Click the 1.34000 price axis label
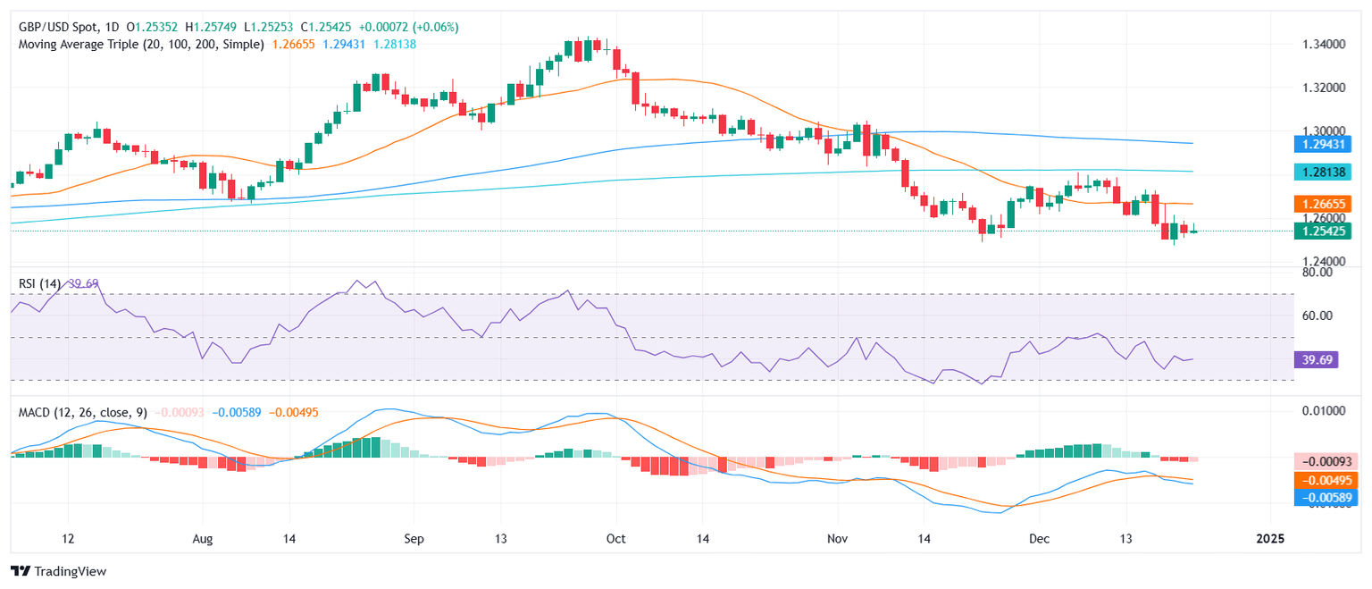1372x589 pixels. pyautogui.click(x=1324, y=44)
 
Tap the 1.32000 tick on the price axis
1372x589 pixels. pyautogui.click(x=1324, y=88)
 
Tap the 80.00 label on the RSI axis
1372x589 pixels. pyautogui.click(x=1318, y=273)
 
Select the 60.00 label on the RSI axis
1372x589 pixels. pyautogui.click(x=1318, y=316)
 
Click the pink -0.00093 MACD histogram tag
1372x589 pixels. pyautogui.click(x=1326, y=461)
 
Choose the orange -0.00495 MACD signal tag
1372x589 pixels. pyautogui.click(x=1326, y=480)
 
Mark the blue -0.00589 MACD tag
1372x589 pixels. pyautogui.click(x=1326, y=497)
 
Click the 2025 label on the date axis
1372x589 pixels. pyautogui.click(x=1269, y=540)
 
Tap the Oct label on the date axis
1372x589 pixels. pyautogui.click(x=615, y=540)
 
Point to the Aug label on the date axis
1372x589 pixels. pyautogui.click(x=203, y=540)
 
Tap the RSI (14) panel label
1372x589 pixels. pyautogui.click(x=40, y=284)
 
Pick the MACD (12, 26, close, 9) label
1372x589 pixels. pyautogui.click(x=83, y=412)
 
